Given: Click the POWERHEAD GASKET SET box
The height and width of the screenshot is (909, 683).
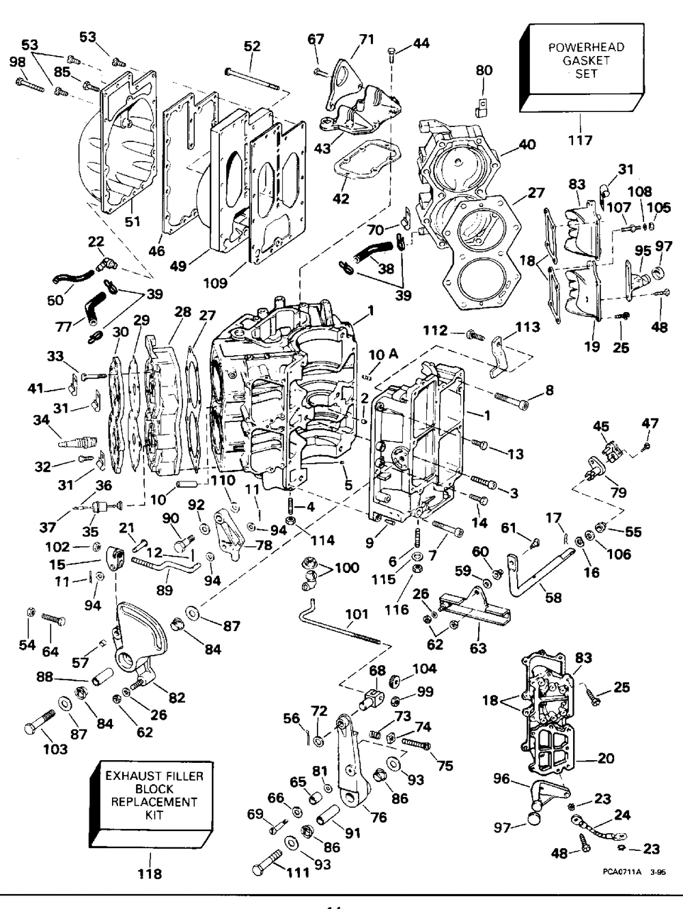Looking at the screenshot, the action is (x=582, y=68).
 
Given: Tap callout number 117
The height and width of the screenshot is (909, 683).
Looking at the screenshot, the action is (x=581, y=140).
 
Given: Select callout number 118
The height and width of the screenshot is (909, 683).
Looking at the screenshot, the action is (x=150, y=873).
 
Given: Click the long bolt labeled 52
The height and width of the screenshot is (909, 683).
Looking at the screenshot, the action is (x=252, y=81).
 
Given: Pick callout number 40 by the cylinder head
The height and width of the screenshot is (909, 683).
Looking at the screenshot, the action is (x=527, y=145).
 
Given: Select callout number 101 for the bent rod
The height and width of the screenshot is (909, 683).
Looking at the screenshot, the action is (x=357, y=613).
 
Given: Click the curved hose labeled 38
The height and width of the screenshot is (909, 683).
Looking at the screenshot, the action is (x=372, y=251).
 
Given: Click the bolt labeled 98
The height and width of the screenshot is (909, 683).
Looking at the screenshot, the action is (x=30, y=85).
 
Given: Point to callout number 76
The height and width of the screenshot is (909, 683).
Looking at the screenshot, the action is (x=378, y=817).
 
